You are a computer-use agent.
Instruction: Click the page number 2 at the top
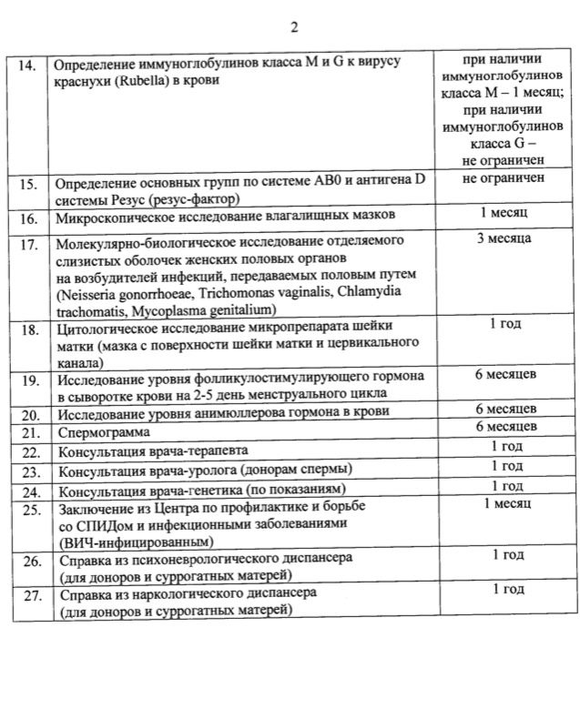[x=294, y=26]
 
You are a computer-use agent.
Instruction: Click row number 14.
[x=28, y=66]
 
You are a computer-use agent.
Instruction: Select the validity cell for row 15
[x=504, y=179]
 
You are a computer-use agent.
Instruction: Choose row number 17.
[x=28, y=246]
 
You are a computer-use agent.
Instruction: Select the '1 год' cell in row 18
[x=506, y=323]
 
